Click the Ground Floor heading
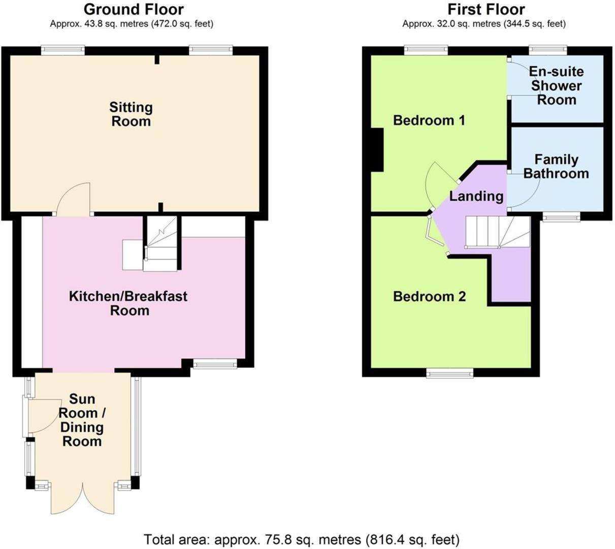[134, 10]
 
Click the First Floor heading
[486, 10]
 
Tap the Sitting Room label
[131, 114]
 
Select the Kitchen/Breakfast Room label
[128, 303]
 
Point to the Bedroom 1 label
[429, 120]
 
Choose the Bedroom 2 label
[429, 296]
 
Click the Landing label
[476, 196]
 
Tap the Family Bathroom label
[556, 167]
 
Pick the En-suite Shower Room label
[557, 86]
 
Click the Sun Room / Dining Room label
[82, 420]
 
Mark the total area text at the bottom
[302, 539]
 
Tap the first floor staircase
[498, 232]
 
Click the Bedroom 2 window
[449, 373]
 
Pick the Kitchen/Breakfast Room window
[215, 363]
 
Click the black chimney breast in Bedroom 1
[377, 150]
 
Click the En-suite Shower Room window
[548, 50]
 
